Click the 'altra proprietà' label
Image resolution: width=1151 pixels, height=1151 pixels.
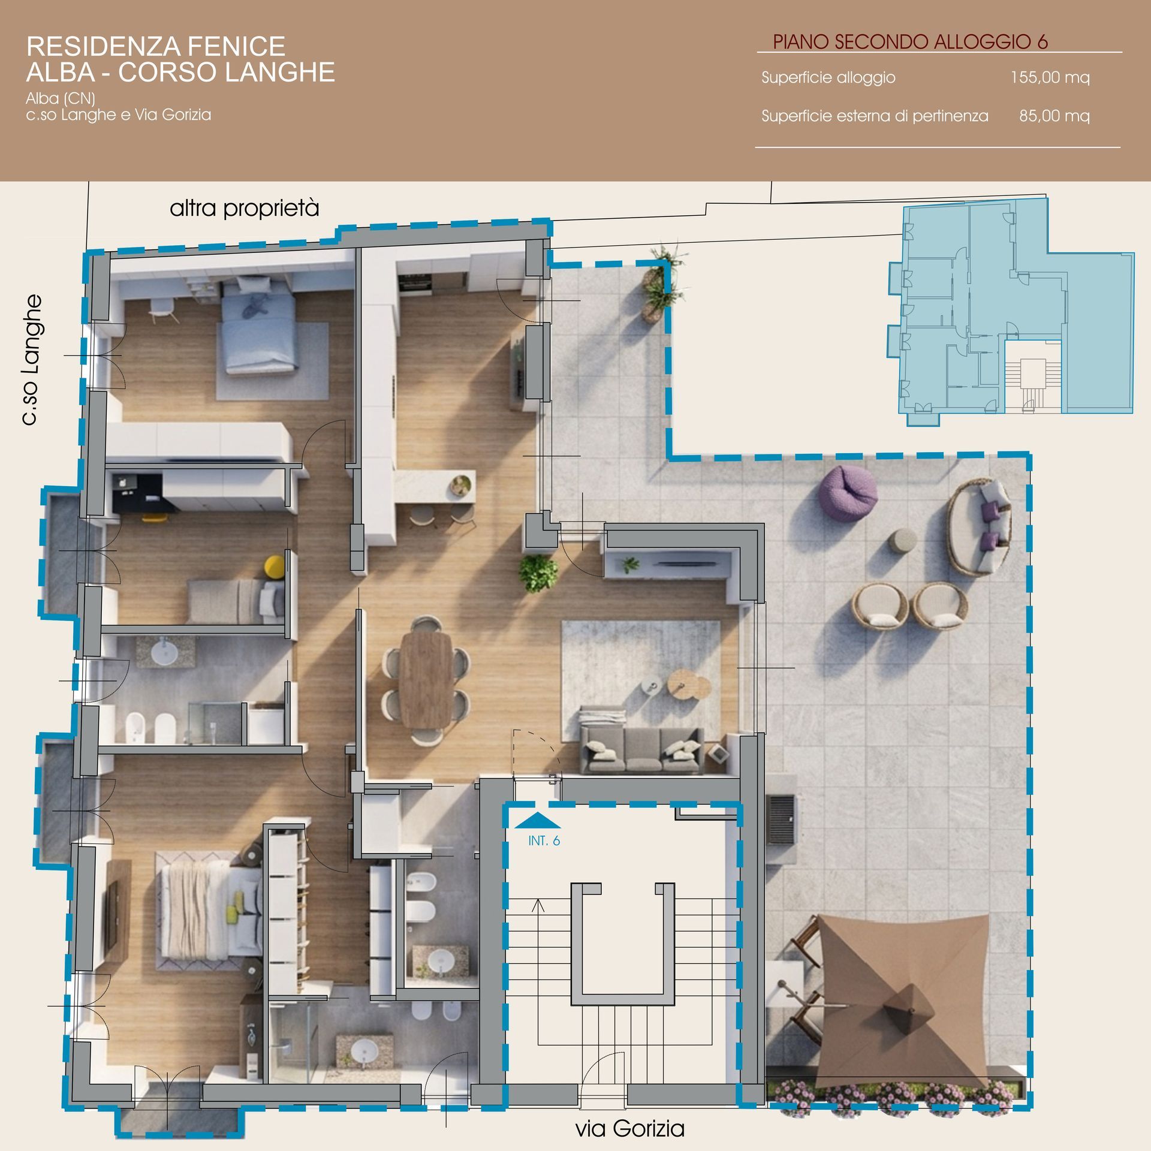click(245, 209)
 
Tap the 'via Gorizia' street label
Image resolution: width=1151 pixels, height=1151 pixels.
click(630, 1129)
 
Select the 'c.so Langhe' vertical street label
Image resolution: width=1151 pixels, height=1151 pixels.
click(31, 360)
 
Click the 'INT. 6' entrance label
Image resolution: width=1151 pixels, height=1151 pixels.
click(544, 841)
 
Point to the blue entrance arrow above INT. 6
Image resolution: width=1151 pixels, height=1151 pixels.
click(538, 820)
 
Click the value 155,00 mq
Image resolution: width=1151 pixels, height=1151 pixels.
click(1050, 77)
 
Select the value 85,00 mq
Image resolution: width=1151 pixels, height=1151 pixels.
click(1054, 116)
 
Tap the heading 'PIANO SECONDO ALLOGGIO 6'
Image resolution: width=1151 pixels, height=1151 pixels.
click(910, 41)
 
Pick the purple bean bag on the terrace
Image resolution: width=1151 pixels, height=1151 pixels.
click(848, 490)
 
